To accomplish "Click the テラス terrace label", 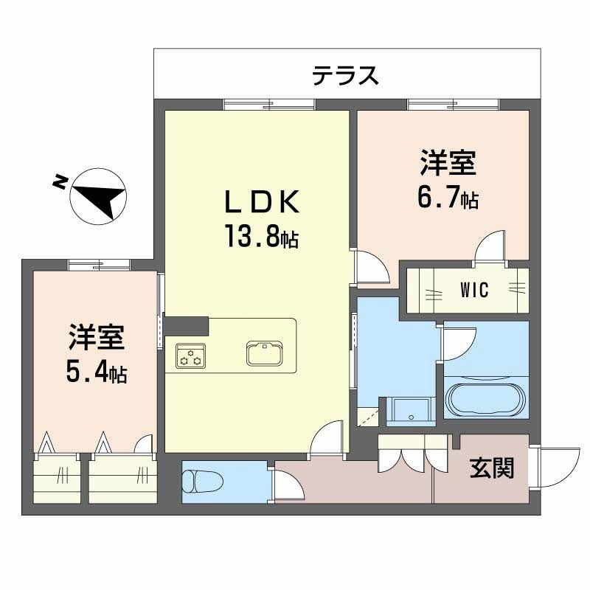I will [x=345, y=74].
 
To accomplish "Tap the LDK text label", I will [x=261, y=202].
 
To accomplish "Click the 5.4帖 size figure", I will [x=96, y=373].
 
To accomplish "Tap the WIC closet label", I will [x=475, y=290].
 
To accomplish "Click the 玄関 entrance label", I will [x=491, y=467].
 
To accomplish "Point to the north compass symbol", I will [x=98, y=193].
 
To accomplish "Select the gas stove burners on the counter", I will [x=191, y=356].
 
